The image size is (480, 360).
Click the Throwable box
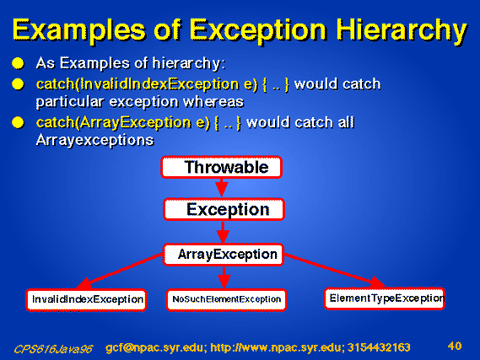(221, 167)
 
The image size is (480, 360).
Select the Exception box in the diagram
(224, 209)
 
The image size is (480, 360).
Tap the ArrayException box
(224, 255)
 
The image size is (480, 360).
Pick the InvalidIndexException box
(87, 300)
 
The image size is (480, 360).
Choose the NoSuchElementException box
(227, 300)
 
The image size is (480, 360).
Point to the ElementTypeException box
(385, 298)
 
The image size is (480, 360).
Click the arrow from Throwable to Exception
(222, 187)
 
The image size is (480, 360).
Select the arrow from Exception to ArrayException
(223, 232)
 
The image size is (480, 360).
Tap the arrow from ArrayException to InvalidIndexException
(120, 271)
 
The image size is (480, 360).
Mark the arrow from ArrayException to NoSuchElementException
(224, 277)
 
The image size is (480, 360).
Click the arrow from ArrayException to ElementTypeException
(334, 271)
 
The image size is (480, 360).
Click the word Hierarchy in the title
(402, 30)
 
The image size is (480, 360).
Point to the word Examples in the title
(78, 30)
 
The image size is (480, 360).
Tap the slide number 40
(455, 346)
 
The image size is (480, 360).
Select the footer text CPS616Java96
(53, 349)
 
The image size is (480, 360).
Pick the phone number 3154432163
(379, 347)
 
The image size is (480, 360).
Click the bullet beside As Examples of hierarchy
(18, 63)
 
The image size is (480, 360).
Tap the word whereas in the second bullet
(213, 102)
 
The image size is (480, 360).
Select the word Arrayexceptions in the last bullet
(94, 141)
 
